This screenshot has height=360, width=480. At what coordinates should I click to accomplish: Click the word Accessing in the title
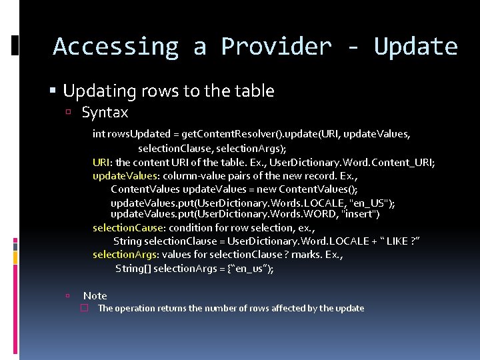click(x=115, y=47)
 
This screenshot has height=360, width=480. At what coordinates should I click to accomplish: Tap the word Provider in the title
click(x=276, y=47)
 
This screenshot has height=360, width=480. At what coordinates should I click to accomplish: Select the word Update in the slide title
click(x=415, y=47)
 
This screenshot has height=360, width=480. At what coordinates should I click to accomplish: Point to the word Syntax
click(x=105, y=113)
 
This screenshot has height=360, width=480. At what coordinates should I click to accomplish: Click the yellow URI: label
click(x=103, y=162)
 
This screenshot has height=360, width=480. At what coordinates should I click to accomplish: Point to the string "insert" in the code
click(x=359, y=214)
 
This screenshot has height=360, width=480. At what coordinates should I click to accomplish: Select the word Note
click(x=95, y=295)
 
